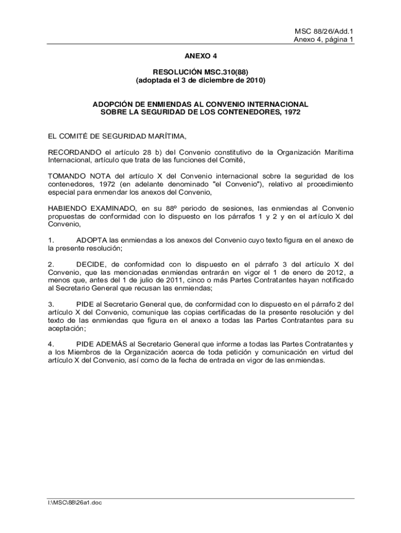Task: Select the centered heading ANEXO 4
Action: click(200, 55)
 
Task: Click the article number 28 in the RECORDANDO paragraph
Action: click(149, 152)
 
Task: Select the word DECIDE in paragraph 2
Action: click(91, 264)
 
